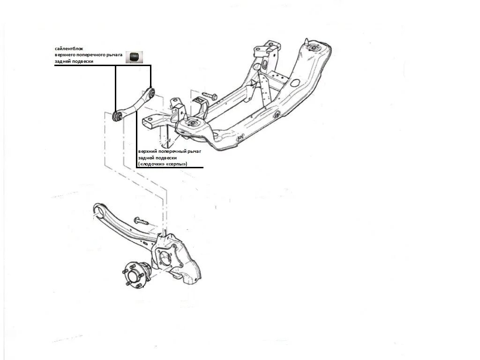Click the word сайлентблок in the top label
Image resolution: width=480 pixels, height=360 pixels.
tap(69, 49)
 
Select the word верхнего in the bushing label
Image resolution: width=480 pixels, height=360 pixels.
tap(66, 55)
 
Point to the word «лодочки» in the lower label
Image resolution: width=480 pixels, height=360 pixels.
tap(152, 164)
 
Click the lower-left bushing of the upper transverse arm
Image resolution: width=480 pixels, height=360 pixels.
tap(118, 115)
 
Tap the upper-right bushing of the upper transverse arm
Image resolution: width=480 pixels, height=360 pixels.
tap(150, 92)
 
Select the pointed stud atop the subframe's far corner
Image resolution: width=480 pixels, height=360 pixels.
tap(307, 42)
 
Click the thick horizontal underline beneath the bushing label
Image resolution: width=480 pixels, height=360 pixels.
tap(103, 66)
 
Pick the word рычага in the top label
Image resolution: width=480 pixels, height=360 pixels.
tap(112, 55)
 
